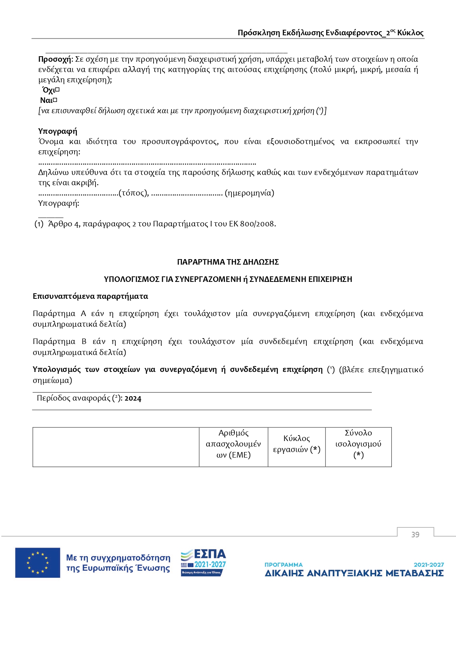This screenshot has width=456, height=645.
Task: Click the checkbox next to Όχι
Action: [x=57, y=90]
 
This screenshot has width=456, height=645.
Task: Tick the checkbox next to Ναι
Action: [x=55, y=100]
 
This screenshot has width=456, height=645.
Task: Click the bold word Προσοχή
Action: [x=55, y=59]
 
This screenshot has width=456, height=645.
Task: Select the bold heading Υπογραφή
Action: [x=58, y=131]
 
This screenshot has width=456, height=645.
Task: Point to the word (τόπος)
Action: [x=133, y=193]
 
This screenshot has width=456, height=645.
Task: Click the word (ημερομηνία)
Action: [x=249, y=193]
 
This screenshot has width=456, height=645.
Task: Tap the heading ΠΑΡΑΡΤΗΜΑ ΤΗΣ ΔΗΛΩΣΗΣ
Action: [x=228, y=262]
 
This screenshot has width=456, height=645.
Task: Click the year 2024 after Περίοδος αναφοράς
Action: [x=133, y=398]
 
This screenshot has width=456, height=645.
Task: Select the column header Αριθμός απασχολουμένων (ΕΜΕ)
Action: [x=233, y=444]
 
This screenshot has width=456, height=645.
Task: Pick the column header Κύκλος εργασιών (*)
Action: [x=297, y=444]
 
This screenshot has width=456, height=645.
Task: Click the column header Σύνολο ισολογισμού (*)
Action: [x=358, y=444]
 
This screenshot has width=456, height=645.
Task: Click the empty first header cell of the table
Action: [x=116, y=447]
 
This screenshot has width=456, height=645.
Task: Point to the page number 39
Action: [x=415, y=535]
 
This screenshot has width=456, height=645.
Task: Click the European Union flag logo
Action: [x=37, y=563]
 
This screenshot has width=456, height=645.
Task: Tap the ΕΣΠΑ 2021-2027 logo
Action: [x=203, y=563]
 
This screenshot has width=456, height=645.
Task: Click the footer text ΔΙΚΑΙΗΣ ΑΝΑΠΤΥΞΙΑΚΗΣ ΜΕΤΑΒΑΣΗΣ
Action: [x=354, y=573]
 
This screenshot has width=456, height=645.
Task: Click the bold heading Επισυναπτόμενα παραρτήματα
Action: [x=90, y=296]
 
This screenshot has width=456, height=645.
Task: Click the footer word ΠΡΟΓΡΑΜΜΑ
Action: [x=283, y=565]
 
